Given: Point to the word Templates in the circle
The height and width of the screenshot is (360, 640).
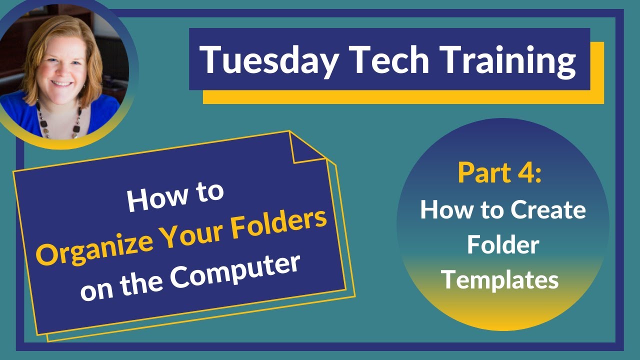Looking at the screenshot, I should coord(499,280).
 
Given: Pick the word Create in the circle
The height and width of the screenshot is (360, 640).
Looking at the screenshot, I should coord(549,210).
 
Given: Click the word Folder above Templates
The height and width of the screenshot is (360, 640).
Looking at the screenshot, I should coord(503,245).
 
